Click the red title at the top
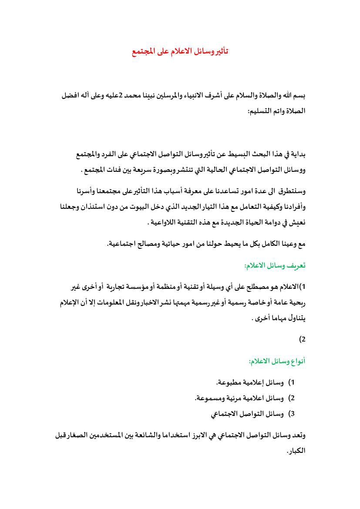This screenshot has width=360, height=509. point(180,51)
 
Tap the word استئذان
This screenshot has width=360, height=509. point(106,207)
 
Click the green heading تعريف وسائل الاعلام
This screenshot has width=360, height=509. point(275,265)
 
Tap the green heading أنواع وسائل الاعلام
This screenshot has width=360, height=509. point(277,361)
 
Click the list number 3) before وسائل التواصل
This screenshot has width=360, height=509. point(292,414)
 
